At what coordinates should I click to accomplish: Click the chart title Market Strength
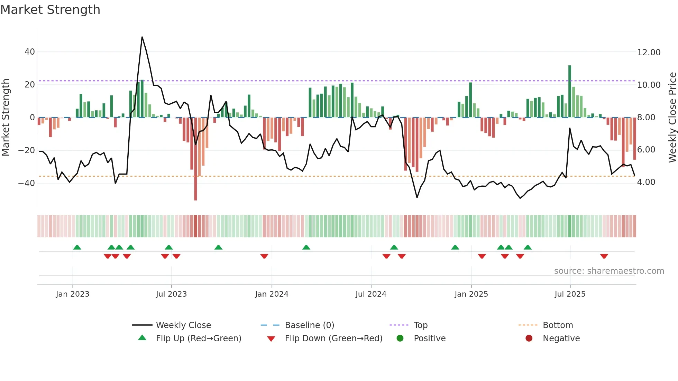pos(50,10)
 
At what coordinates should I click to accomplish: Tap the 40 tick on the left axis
pos(30,52)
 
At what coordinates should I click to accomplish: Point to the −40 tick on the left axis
pos(27,183)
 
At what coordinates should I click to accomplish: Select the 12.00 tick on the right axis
pos(649,52)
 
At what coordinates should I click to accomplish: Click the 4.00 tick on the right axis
pos(646,182)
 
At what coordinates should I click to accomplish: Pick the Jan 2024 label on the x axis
pos(272,294)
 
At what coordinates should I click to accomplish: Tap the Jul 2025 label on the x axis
pos(570,294)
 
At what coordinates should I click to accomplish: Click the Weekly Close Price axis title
pos(672,117)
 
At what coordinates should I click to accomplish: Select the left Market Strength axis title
pos(6,117)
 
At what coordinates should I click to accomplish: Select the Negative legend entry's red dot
pos(529,338)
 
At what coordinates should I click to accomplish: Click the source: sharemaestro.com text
pos(609,271)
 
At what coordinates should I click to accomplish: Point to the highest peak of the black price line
pos(142,37)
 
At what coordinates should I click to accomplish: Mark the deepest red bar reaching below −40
pos(195,159)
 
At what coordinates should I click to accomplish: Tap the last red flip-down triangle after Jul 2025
pos(604,256)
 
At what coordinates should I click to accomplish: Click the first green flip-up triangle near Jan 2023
pos(77,247)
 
